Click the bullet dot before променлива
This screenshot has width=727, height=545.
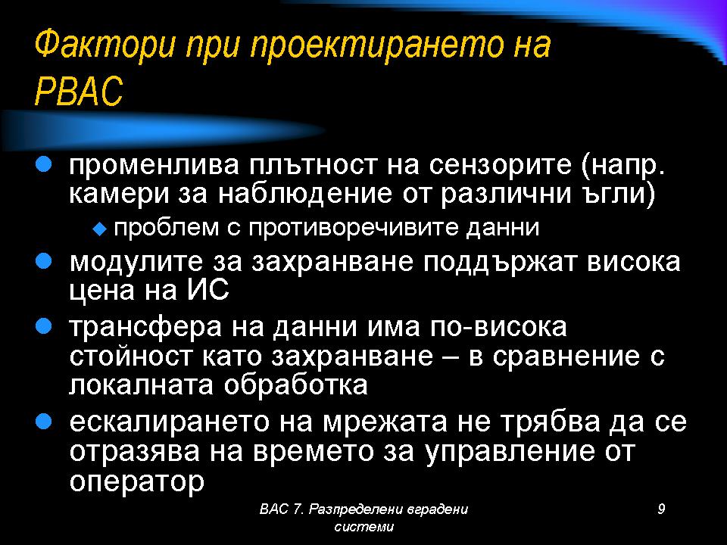point(43,164)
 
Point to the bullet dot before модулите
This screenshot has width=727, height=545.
point(43,261)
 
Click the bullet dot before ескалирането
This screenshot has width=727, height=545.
point(43,422)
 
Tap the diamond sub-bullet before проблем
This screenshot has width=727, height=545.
point(100,229)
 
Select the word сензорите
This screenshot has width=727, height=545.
point(500,166)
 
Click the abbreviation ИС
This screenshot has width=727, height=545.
point(208,291)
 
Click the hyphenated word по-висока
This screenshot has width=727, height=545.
point(498,327)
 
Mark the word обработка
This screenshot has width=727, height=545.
point(296,385)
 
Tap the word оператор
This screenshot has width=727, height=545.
point(137,483)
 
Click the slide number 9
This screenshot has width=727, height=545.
point(661,509)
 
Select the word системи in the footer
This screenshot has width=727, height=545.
point(364,527)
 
